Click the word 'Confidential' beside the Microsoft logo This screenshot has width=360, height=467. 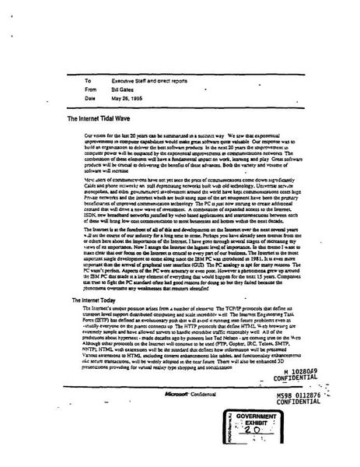click(215, 395)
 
